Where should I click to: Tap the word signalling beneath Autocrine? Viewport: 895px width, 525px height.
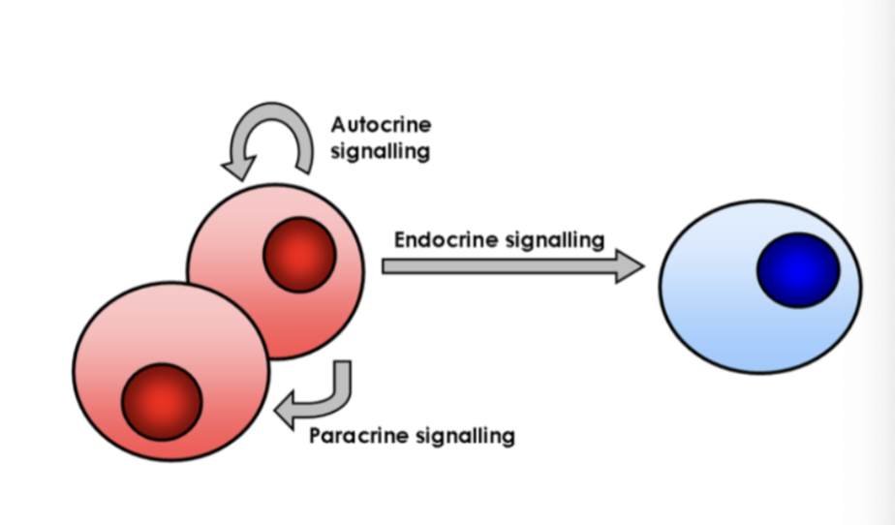(x=380, y=152)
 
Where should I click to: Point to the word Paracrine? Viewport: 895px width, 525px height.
(x=357, y=435)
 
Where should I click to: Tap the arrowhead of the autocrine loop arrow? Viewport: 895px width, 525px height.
(x=236, y=168)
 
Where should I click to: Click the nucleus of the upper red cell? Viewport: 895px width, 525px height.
(x=299, y=255)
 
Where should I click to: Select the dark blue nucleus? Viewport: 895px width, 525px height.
(x=798, y=270)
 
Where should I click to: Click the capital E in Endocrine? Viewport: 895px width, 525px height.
(x=400, y=239)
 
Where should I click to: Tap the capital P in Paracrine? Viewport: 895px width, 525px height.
(x=316, y=435)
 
